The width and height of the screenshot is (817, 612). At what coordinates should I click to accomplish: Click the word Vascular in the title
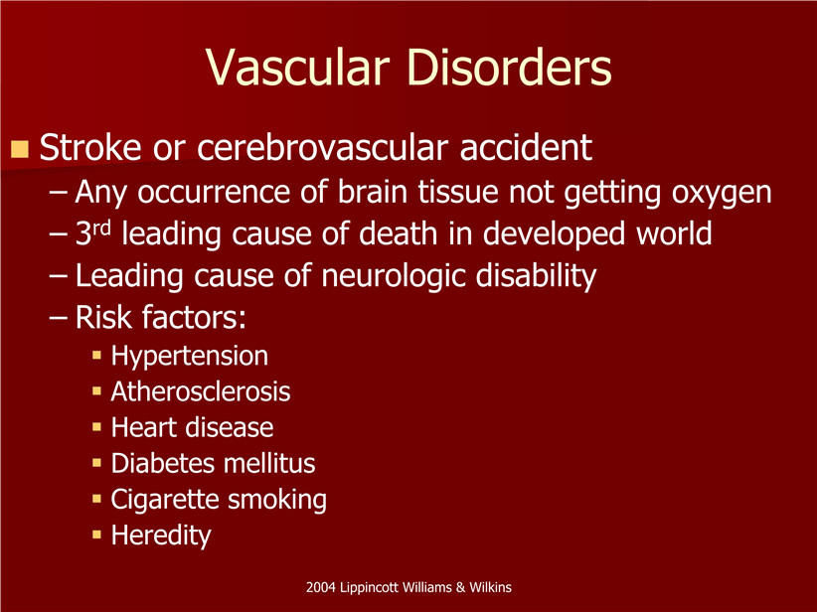[x=298, y=68]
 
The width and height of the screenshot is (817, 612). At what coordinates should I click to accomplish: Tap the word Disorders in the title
[x=509, y=68]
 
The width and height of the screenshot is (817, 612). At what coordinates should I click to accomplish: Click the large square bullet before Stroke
[x=19, y=149]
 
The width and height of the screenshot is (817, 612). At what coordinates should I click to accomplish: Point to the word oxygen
[x=722, y=193]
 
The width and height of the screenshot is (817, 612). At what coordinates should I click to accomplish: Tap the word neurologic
[x=394, y=276]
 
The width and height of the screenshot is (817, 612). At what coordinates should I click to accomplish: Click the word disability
[x=536, y=276]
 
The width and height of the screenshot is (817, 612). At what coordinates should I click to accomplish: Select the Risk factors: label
[x=160, y=317]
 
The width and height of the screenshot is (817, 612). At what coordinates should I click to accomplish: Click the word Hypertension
[x=190, y=357]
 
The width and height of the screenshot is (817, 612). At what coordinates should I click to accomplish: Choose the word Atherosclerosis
[x=201, y=391]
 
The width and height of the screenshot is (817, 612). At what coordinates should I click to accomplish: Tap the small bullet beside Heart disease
[x=96, y=427]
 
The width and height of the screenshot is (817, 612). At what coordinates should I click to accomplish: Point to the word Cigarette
[x=165, y=500]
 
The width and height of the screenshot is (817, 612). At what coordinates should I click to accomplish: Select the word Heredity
[x=161, y=535]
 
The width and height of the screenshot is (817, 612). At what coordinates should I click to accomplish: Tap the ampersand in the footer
[x=460, y=587]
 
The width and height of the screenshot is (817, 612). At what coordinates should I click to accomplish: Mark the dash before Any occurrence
[x=59, y=192]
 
